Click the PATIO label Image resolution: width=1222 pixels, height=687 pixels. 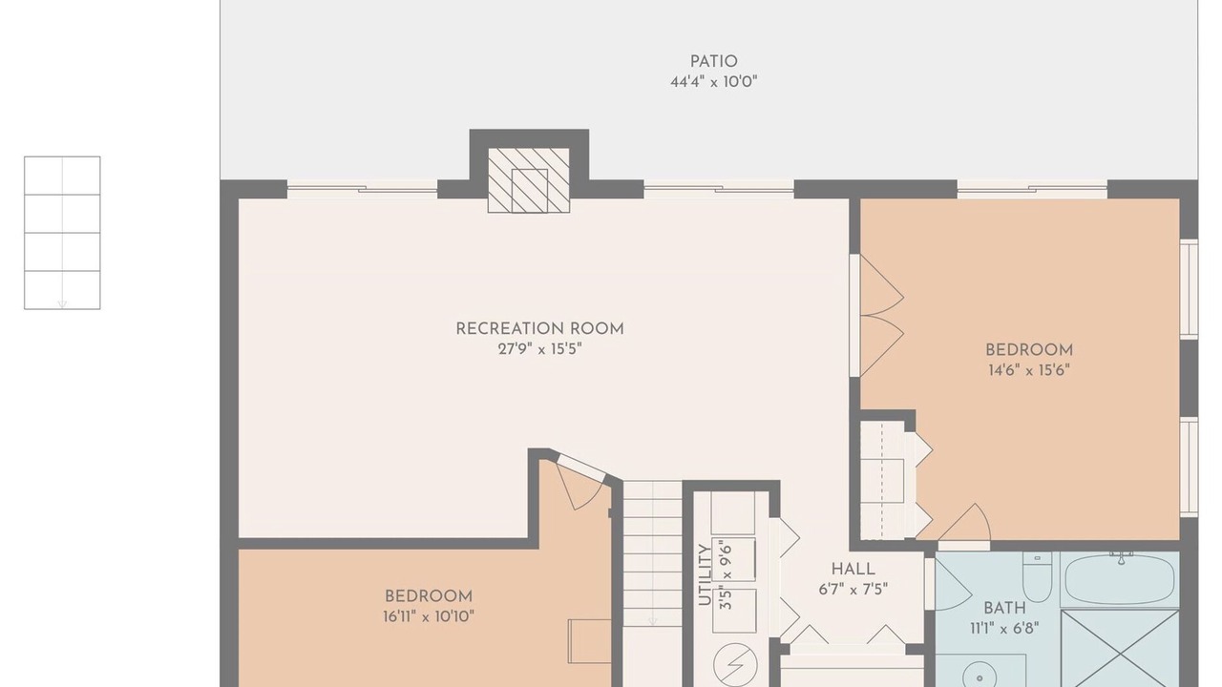tap(713, 62)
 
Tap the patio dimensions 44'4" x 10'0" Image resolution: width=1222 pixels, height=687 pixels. tap(713, 82)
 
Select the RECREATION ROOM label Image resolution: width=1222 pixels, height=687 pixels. tap(539, 329)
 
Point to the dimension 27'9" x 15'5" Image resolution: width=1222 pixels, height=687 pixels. tap(539, 349)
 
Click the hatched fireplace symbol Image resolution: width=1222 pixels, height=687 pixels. tap(529, 180)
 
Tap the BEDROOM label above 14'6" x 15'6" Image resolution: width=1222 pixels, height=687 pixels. tap(1029, 350)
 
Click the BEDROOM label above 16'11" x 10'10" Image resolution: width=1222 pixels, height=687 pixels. tap(429, 596)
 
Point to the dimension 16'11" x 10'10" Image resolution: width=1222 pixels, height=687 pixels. tap(429, 616)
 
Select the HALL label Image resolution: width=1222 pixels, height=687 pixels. tap(853, 570)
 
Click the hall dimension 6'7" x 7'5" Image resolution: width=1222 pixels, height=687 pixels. tap(853, 590)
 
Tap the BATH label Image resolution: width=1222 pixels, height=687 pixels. tap(1004, 608)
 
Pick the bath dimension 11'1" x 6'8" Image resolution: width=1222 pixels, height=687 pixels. tap(1004, 628)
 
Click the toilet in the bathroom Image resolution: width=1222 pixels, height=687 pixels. tap(1037, 577)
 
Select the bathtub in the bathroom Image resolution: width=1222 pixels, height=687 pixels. tap(1120, 579)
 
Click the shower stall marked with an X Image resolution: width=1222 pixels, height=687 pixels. tap(1121, 649)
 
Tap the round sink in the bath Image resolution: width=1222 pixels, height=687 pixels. tap(980, 677)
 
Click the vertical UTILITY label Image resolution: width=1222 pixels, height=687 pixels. tap(705, 574)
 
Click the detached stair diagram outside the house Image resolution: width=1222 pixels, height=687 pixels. tap(62, 233)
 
